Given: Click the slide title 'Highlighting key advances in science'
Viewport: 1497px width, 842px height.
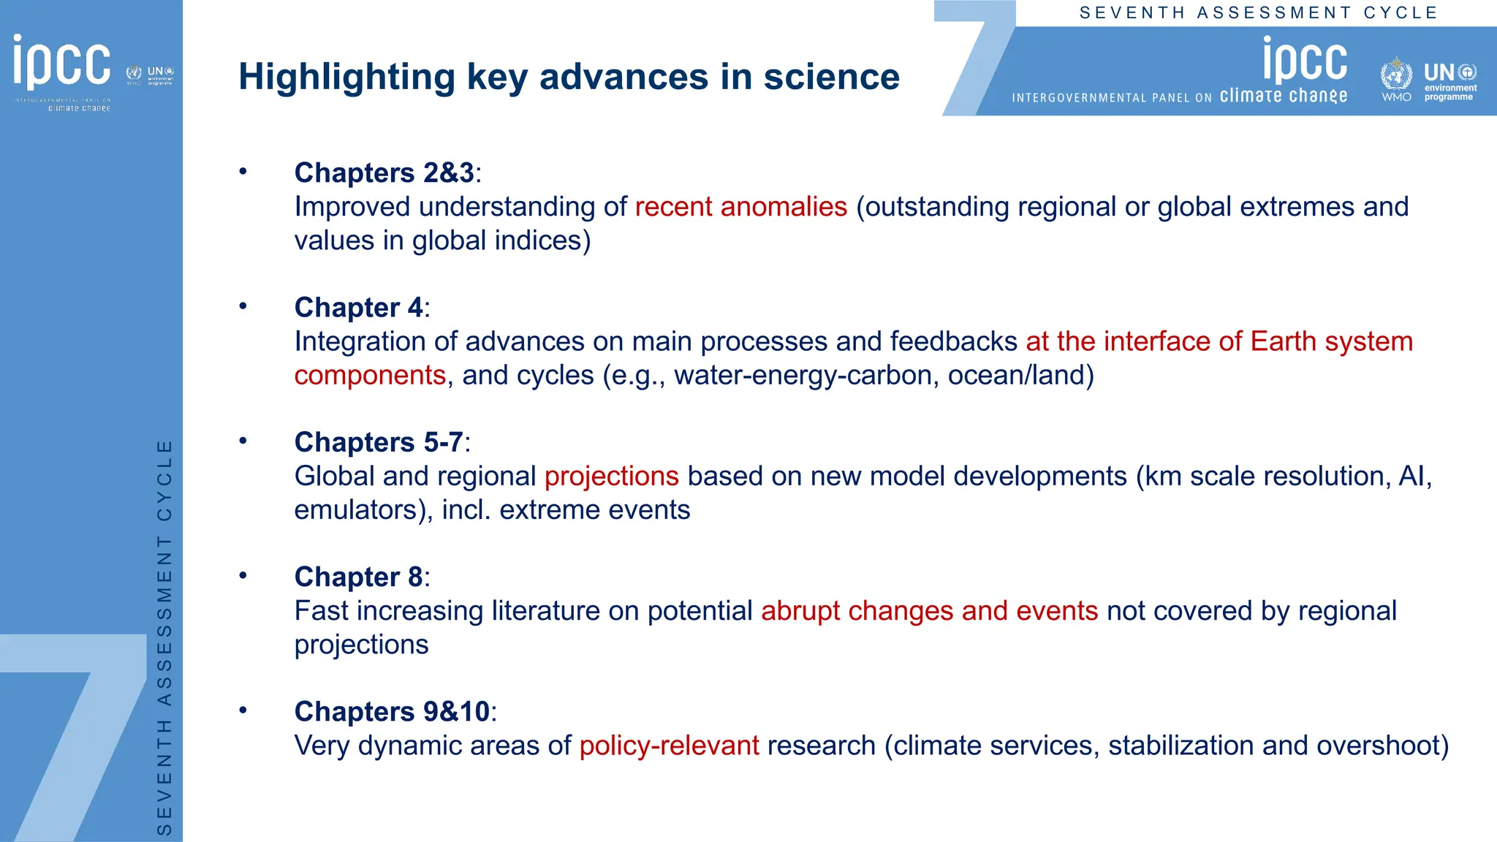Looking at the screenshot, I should tap(569, 77).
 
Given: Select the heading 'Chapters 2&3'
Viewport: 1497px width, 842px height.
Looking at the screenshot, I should tap(384, 173).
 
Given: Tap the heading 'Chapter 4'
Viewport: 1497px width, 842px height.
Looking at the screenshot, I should tap(358, 308).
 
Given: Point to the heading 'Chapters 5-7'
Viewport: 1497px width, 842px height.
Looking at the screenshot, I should tap(379, 442).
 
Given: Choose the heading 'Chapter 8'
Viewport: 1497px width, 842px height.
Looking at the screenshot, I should tap(358, 577).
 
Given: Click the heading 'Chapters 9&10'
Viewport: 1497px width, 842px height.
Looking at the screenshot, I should tap(392, 711).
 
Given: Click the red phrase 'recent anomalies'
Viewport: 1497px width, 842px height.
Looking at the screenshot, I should tap(740, 207).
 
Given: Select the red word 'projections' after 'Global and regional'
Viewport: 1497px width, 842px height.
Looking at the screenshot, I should tap(611, 477).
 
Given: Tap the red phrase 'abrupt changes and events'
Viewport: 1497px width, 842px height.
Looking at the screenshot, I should tap(929, 611).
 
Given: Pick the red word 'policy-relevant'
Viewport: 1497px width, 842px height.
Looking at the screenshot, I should tap(669, 746).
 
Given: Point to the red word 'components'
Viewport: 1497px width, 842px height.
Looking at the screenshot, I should tap(370, 376).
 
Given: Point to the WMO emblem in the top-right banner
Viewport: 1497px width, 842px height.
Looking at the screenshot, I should tap(1395, 75).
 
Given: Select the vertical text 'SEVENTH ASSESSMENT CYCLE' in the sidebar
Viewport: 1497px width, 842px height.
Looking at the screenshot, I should tap(165, 636).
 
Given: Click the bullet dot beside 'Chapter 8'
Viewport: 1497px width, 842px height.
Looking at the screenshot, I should tap(243, 575).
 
